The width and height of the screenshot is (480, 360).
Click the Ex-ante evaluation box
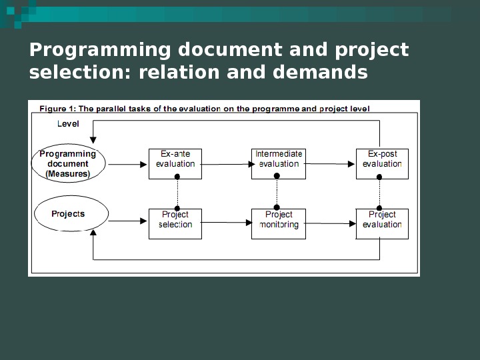[x=175, y=163]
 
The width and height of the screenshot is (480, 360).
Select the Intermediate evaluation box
[x=279, y=163]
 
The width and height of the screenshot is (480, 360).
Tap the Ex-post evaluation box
[x=382, y=163]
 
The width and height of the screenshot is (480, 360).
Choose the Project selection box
[x=175, y=223]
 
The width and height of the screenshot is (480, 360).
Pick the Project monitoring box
[x=279, y=223]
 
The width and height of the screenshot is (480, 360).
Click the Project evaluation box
[x=382, y=223]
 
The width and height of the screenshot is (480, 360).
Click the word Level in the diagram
[x=68, y=124]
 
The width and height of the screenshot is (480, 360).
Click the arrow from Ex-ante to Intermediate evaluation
[x=227, y=163]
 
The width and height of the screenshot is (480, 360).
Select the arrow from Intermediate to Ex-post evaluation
[x=331, y=163]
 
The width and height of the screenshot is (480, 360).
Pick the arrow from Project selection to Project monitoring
[x=227, y=223]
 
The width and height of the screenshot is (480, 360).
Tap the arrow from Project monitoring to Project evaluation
[x=331, y=224]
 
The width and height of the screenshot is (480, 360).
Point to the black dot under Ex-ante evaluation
[x=177, y=177]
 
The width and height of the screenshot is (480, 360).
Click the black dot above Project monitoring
[x=277, y=207]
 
